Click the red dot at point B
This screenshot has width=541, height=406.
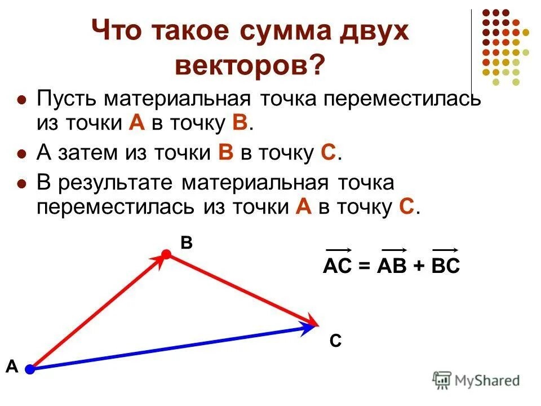(166, 255)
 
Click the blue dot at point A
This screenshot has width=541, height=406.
(29, 369)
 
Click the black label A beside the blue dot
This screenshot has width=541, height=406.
(12, 367)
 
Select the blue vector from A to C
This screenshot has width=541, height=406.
(169, 347)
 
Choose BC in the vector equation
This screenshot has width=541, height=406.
(445, 266)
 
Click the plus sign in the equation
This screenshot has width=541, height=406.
(420, 267)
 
